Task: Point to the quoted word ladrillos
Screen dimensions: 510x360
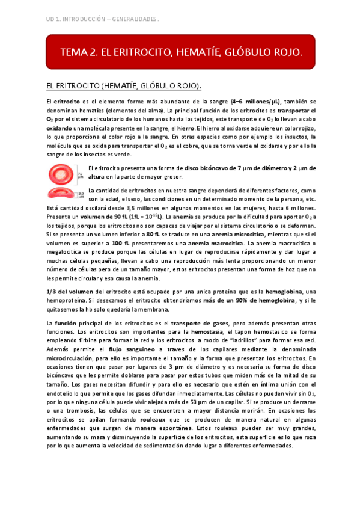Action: (x=260, y=340)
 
